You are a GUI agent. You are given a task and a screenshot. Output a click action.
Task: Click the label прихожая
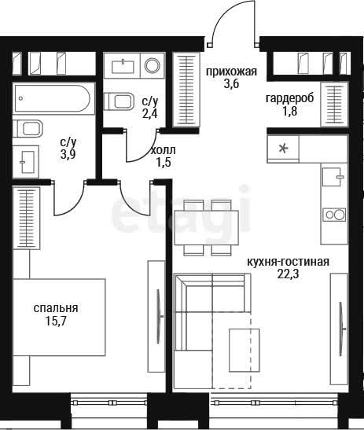pyautogui.click(x=231, y=72)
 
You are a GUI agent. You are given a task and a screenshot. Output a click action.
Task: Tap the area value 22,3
pyautogui.click(x=288, y=274)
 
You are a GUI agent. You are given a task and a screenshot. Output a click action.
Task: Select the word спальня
pyautogui.click(x=56, y=308)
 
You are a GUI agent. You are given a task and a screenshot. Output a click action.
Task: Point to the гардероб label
pyautogui.click(x=289, y=98)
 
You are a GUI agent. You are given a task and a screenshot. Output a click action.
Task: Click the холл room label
pyautogui.click(x=164, y=150)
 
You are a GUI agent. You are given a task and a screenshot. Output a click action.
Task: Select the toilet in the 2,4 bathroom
pyautogui.click(x=119, y=101)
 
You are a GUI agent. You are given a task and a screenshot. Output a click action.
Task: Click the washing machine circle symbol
pyautogui.click(x=153, y=65)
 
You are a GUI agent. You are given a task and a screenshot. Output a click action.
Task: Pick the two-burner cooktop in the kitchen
pyautogui.click(x=334, y=215)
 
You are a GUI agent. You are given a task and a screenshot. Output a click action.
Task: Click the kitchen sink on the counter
pyautogui.click(x=333, y=177)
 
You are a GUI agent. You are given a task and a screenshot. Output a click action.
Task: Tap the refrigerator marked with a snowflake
pyautogui.click(x=283, y=149)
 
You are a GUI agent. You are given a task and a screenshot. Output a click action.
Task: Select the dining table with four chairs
pyautogui.click(x=207, y=228)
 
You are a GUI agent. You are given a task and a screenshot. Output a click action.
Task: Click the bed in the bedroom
pyautogui.click(x=59, y=318)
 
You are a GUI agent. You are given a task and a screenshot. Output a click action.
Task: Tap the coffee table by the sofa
pyautogui.click(x=245, y=350)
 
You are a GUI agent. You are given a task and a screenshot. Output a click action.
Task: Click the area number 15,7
pyautogui.click(x=56, y=321)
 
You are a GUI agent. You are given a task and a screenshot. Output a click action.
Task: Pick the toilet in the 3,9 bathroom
pyautogui.click(x=28, y=128)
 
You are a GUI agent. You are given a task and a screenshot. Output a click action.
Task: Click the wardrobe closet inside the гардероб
pyautogui.click(x=334, y=105)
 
